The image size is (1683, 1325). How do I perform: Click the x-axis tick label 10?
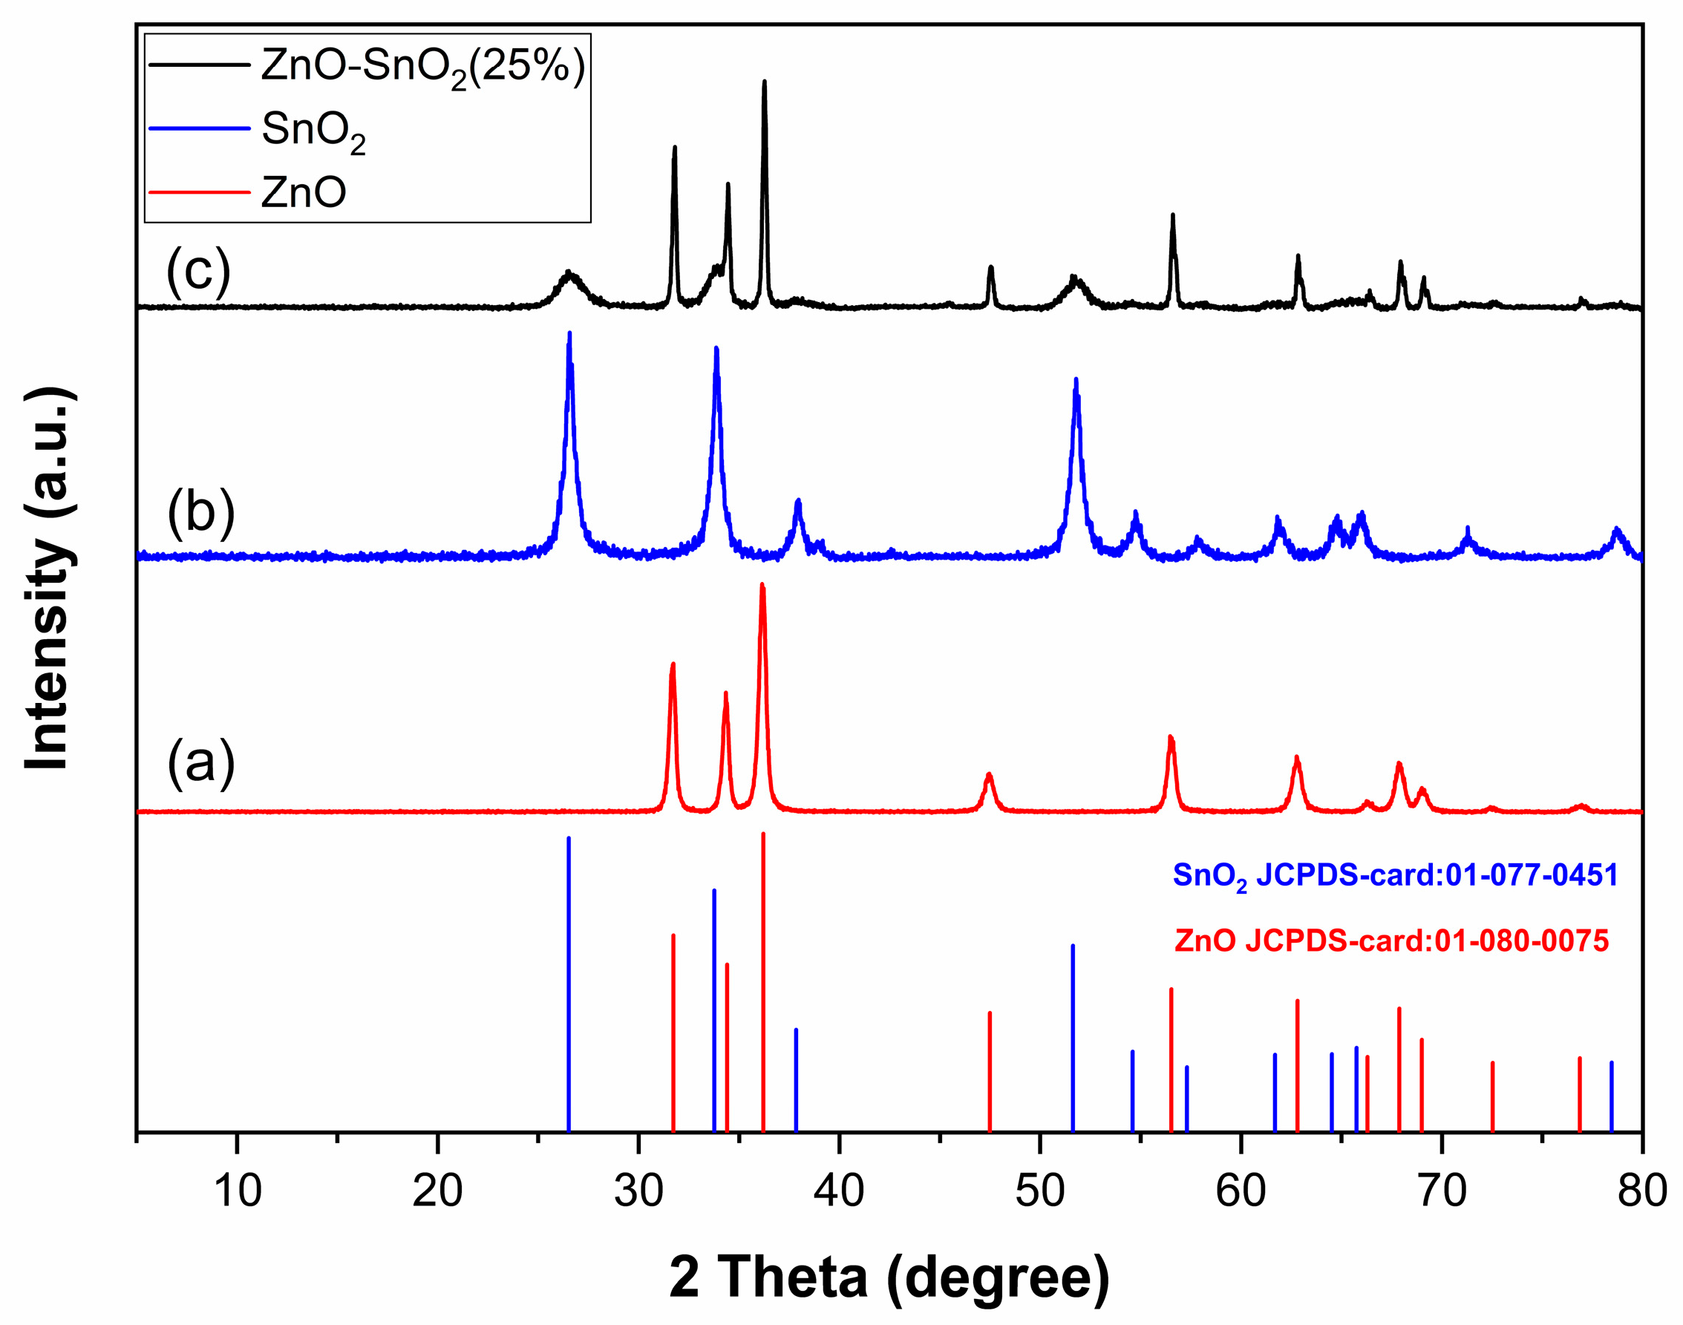(237, 1191)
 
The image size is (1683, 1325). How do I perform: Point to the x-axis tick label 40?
(839, 1191)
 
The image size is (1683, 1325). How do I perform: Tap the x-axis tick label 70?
(1442, 1191)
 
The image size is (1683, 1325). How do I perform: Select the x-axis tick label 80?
(1642, 1191)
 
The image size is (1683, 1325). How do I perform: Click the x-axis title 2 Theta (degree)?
(889, 1277)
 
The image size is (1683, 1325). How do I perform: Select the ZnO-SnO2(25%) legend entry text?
(423, 67)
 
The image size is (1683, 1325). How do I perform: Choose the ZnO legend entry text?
(304, 192)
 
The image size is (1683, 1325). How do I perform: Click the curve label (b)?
(200, 513)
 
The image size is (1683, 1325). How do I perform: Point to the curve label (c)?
(199, 271)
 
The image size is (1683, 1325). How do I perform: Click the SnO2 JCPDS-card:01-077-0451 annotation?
(1395, 876)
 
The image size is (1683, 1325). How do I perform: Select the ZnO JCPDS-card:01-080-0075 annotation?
(1391, 941)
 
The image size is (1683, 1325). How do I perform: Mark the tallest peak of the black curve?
(765, 82)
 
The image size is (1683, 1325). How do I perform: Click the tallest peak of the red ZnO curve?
(762, 586)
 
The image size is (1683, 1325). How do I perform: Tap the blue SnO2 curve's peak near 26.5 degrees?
(569, 334)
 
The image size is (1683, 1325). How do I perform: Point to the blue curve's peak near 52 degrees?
(1076, 380)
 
